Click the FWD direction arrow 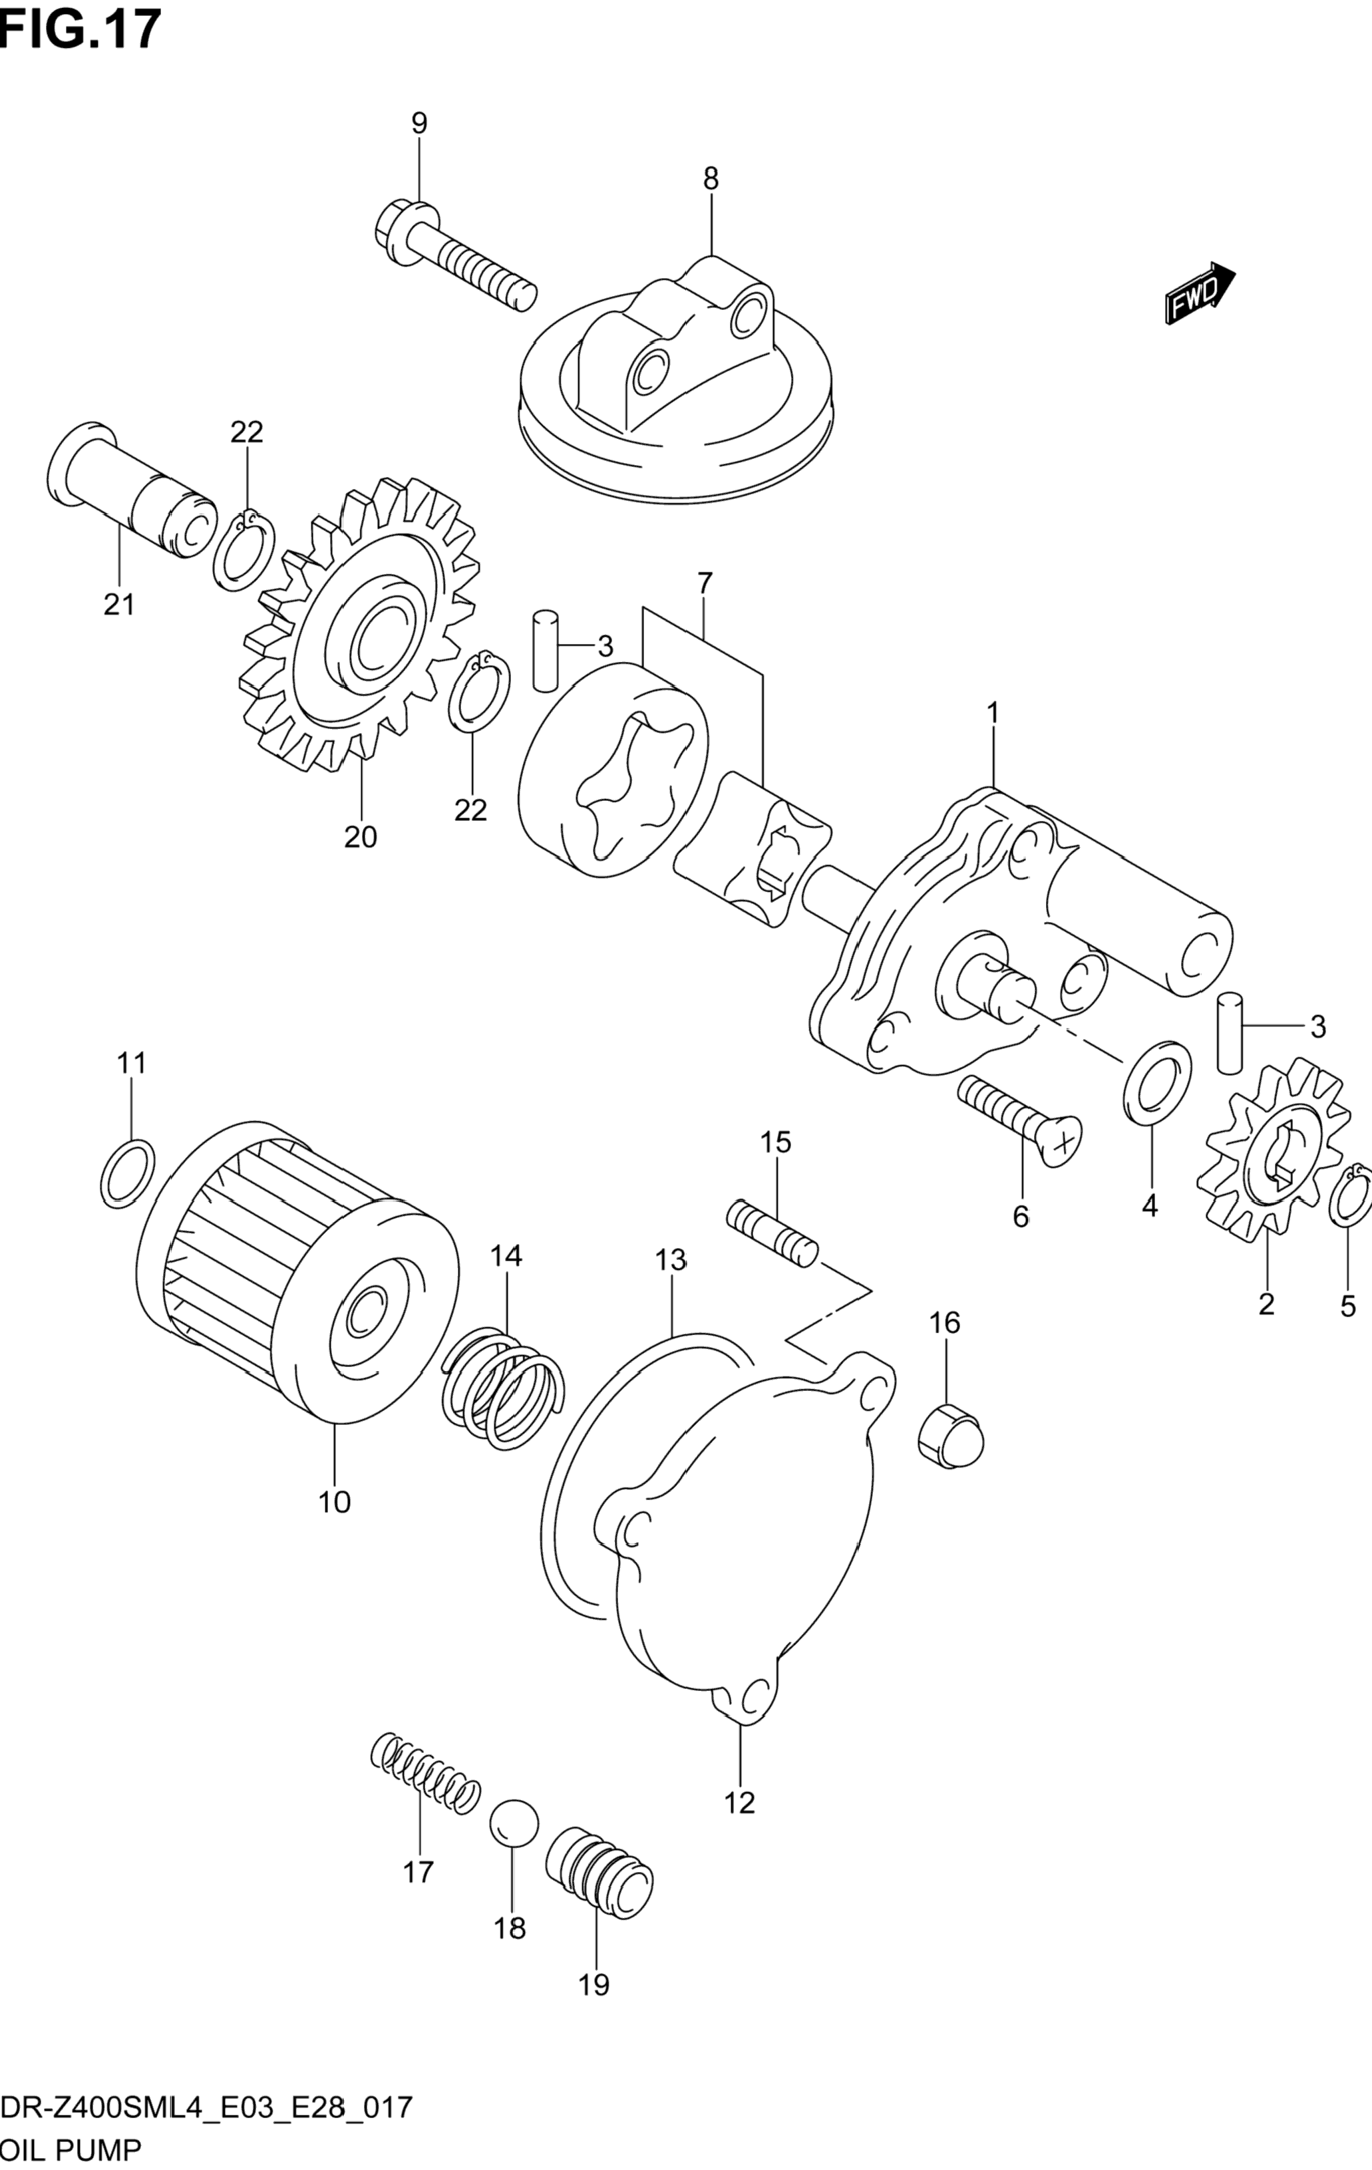coord(1199,293)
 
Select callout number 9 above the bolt coord(419,124)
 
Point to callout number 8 coord(711,180)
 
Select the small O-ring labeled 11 coord(126,1172)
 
